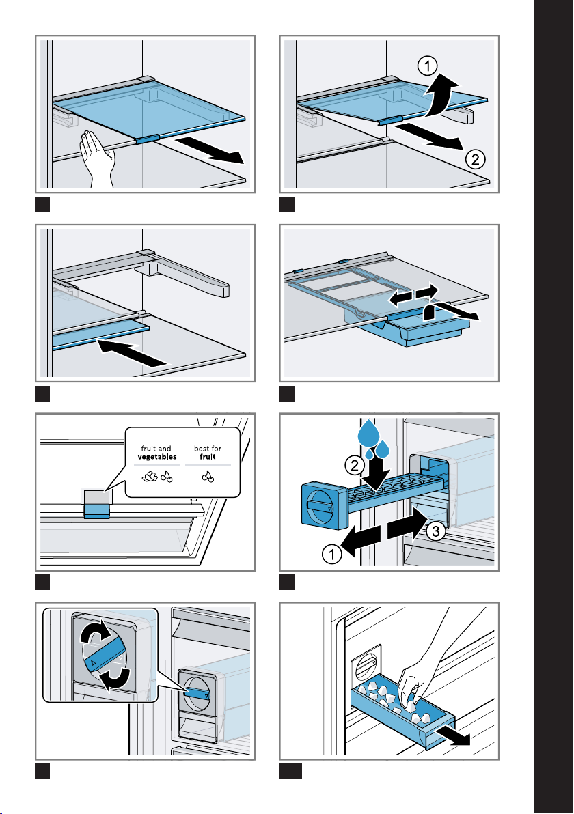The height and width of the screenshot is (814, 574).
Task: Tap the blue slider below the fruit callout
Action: [96, 511]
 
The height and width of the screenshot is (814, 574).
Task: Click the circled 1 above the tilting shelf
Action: [426, 66]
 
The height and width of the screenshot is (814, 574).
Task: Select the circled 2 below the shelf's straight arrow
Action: [476, 161]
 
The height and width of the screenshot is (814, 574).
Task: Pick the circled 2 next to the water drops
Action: [354, 466]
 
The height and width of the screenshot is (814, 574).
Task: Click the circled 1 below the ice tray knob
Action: [333, 557]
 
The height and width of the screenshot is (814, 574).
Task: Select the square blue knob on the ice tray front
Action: [323, 507]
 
